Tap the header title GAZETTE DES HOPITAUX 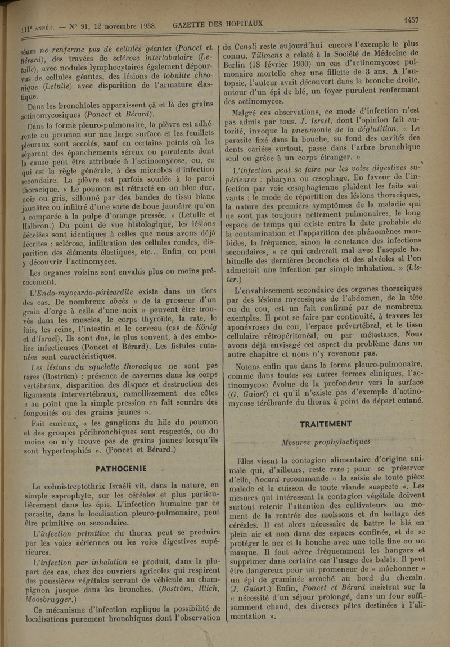point(219,24)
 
